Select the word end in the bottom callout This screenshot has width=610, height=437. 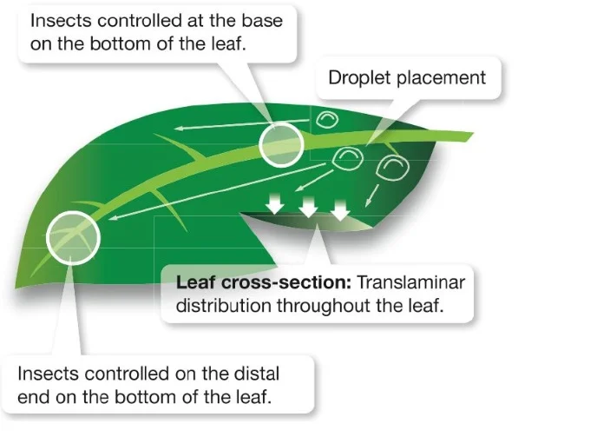click(36, 398)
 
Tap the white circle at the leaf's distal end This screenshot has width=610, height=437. click(73, 235)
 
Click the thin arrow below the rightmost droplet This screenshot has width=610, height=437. click(372, 195)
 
